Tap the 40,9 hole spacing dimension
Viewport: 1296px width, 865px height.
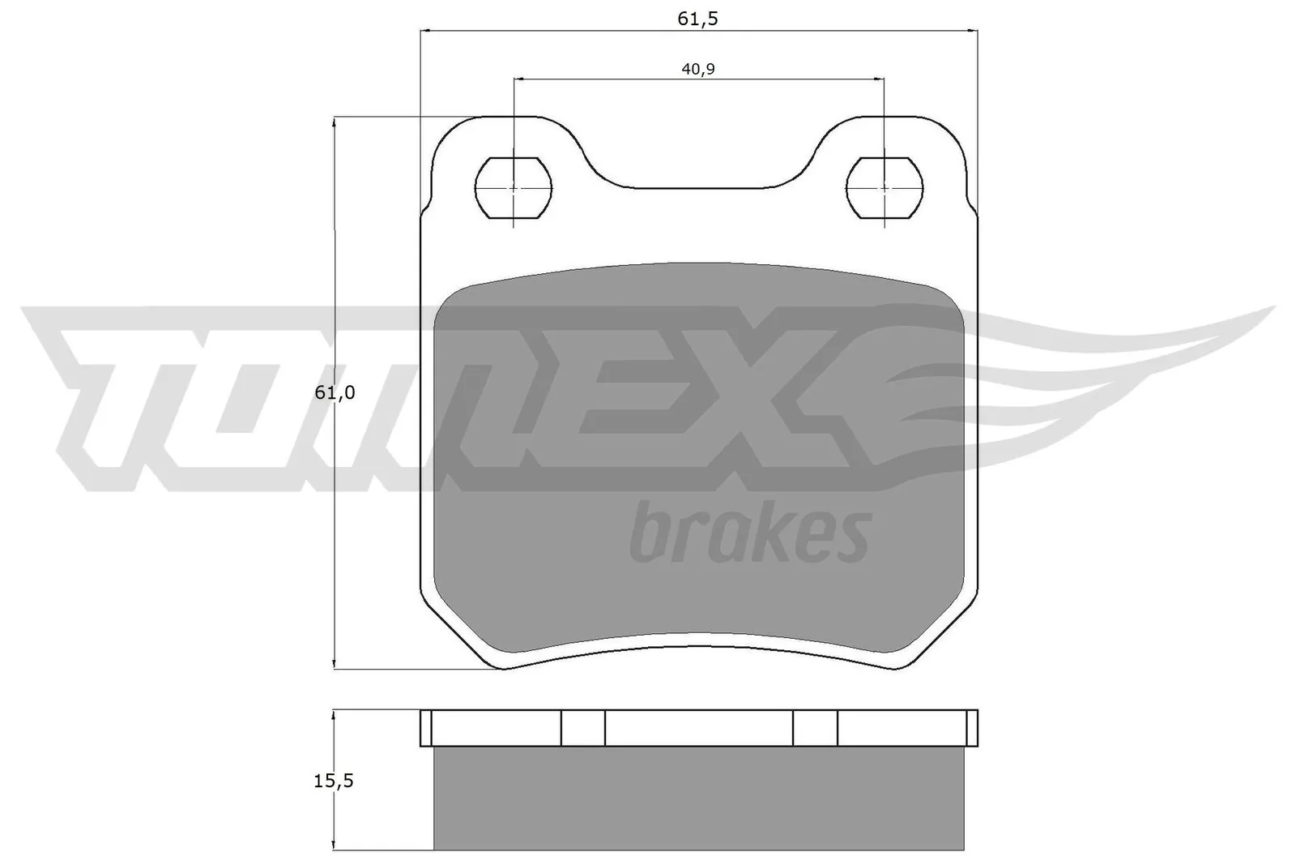pyautogui.click(x=697, y=69)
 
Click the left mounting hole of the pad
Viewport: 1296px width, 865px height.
pyautogui.click(x=513, y=187)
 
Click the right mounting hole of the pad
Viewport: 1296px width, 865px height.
pyautogui.click(x=884, y=187)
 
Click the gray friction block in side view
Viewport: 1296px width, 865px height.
pyautogui.click(x=699, y=799)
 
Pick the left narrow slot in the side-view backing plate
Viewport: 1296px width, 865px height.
pyautogui.click(x=583, y=728)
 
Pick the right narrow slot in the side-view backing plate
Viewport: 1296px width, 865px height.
pyautogui.click(x=815, y=728)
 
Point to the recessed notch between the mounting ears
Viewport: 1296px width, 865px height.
pyautogui.click(x=699, y=174)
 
